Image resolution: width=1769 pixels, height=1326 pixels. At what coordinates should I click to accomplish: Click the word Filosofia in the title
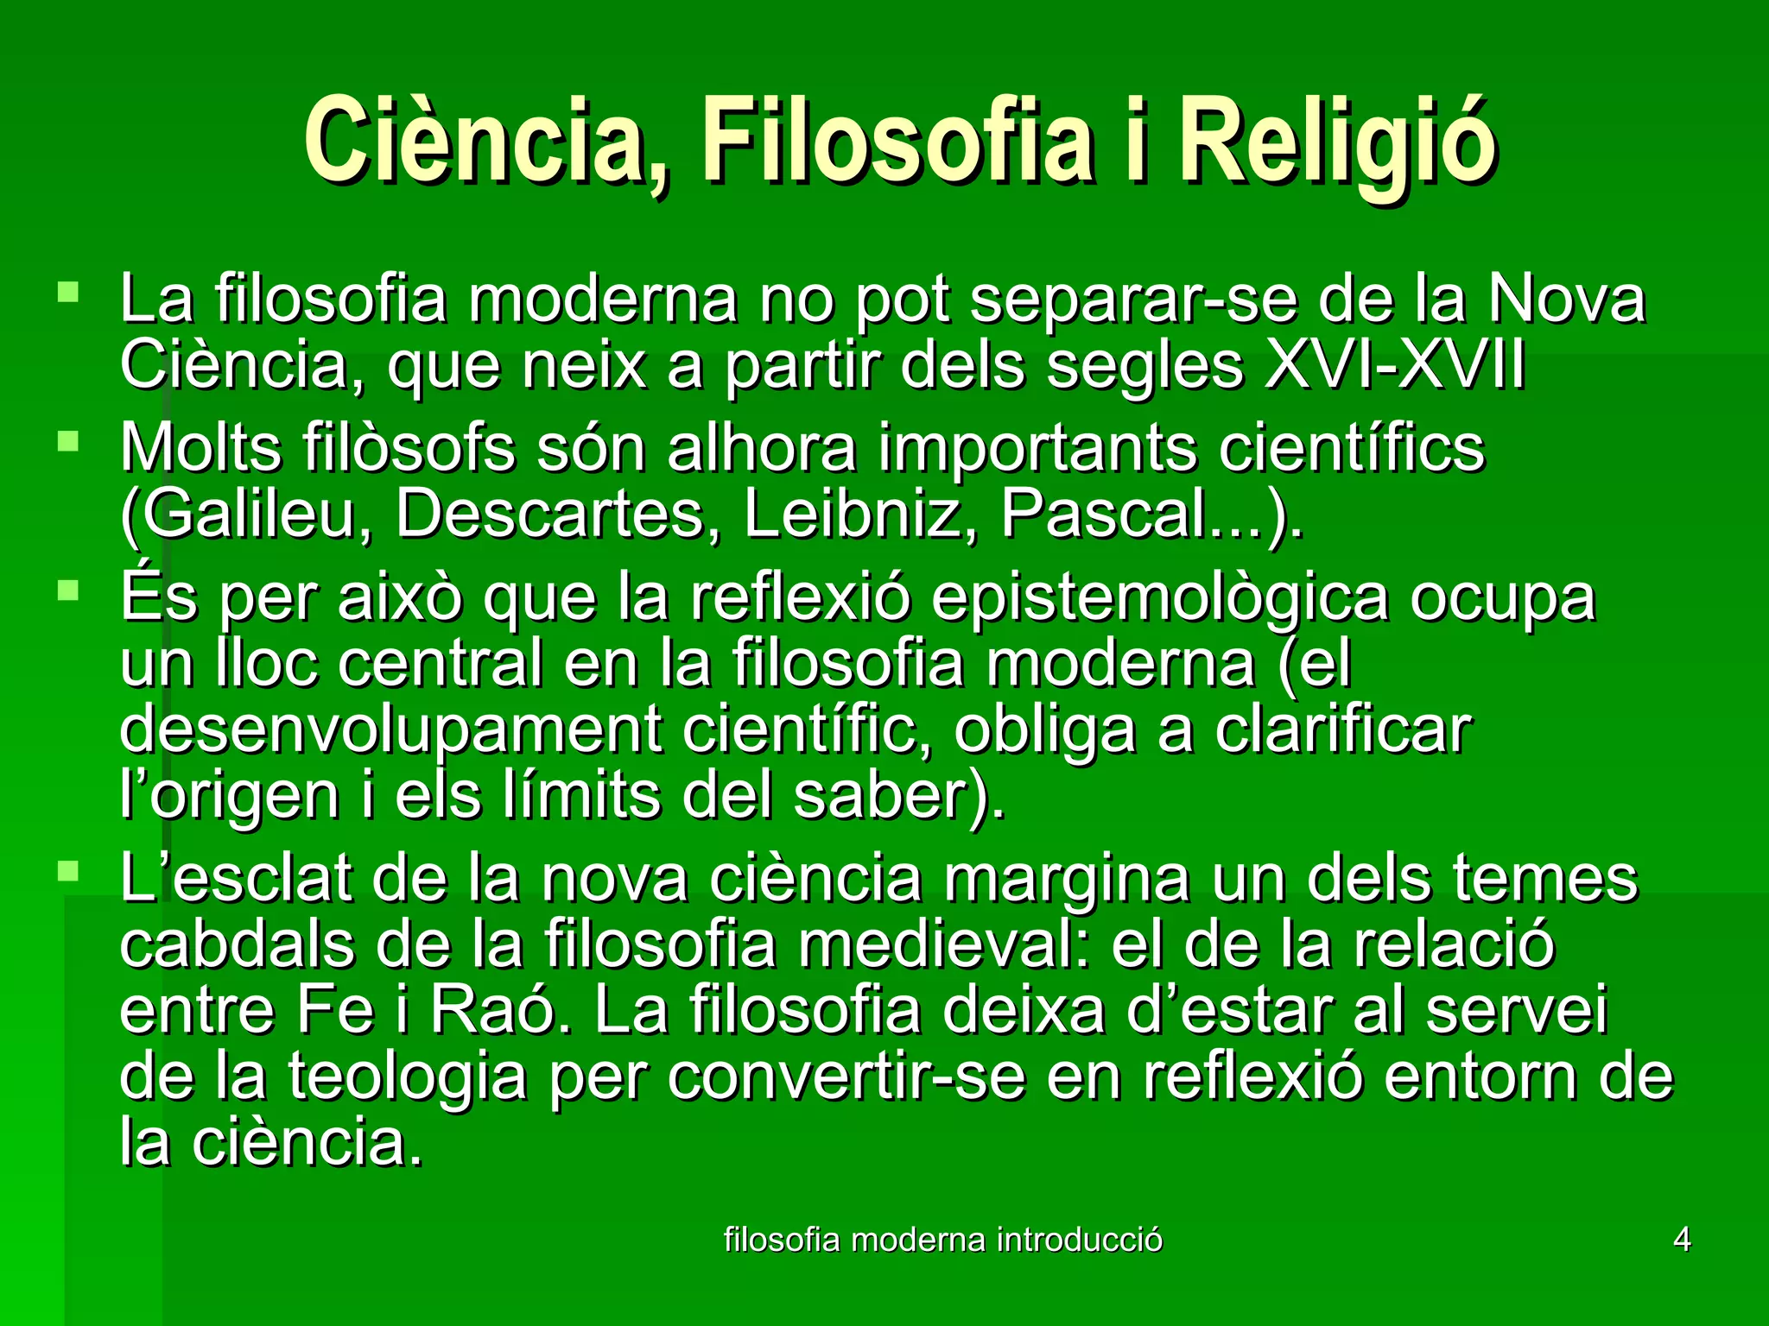coord(898,138)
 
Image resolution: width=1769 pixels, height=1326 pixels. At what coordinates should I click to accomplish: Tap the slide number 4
coord(1682,1240)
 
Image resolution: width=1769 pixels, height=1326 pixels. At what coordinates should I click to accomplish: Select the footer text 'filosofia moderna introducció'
coord(942,1240)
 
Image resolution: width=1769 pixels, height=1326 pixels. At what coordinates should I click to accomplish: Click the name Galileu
coord(246,515)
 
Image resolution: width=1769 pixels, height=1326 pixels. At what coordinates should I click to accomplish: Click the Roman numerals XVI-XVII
coord(1395,366)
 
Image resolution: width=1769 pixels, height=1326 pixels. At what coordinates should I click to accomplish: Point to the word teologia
coord(407,1077)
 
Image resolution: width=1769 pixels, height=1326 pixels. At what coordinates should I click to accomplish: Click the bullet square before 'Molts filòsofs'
coord(67,442)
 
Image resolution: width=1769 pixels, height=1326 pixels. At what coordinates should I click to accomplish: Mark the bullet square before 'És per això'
coord(67,591)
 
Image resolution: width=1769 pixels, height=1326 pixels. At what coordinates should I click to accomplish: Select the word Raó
coord(501,1010)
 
